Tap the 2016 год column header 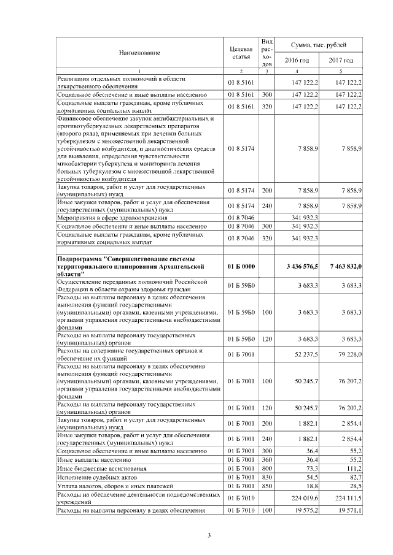pos(296,60)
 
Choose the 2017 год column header pos(341,60)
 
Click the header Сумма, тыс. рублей pos(319,45)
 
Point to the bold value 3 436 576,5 pos(302,266)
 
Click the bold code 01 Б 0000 pos(241,266)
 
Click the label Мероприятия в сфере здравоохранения pos(109,216)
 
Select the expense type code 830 pos(267,477)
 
